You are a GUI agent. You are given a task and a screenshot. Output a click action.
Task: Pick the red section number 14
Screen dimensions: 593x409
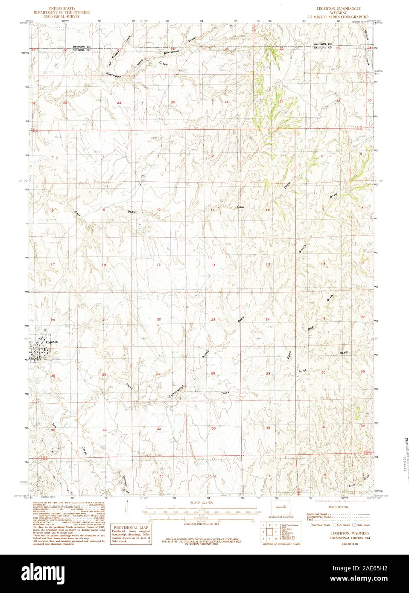point(212,265)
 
